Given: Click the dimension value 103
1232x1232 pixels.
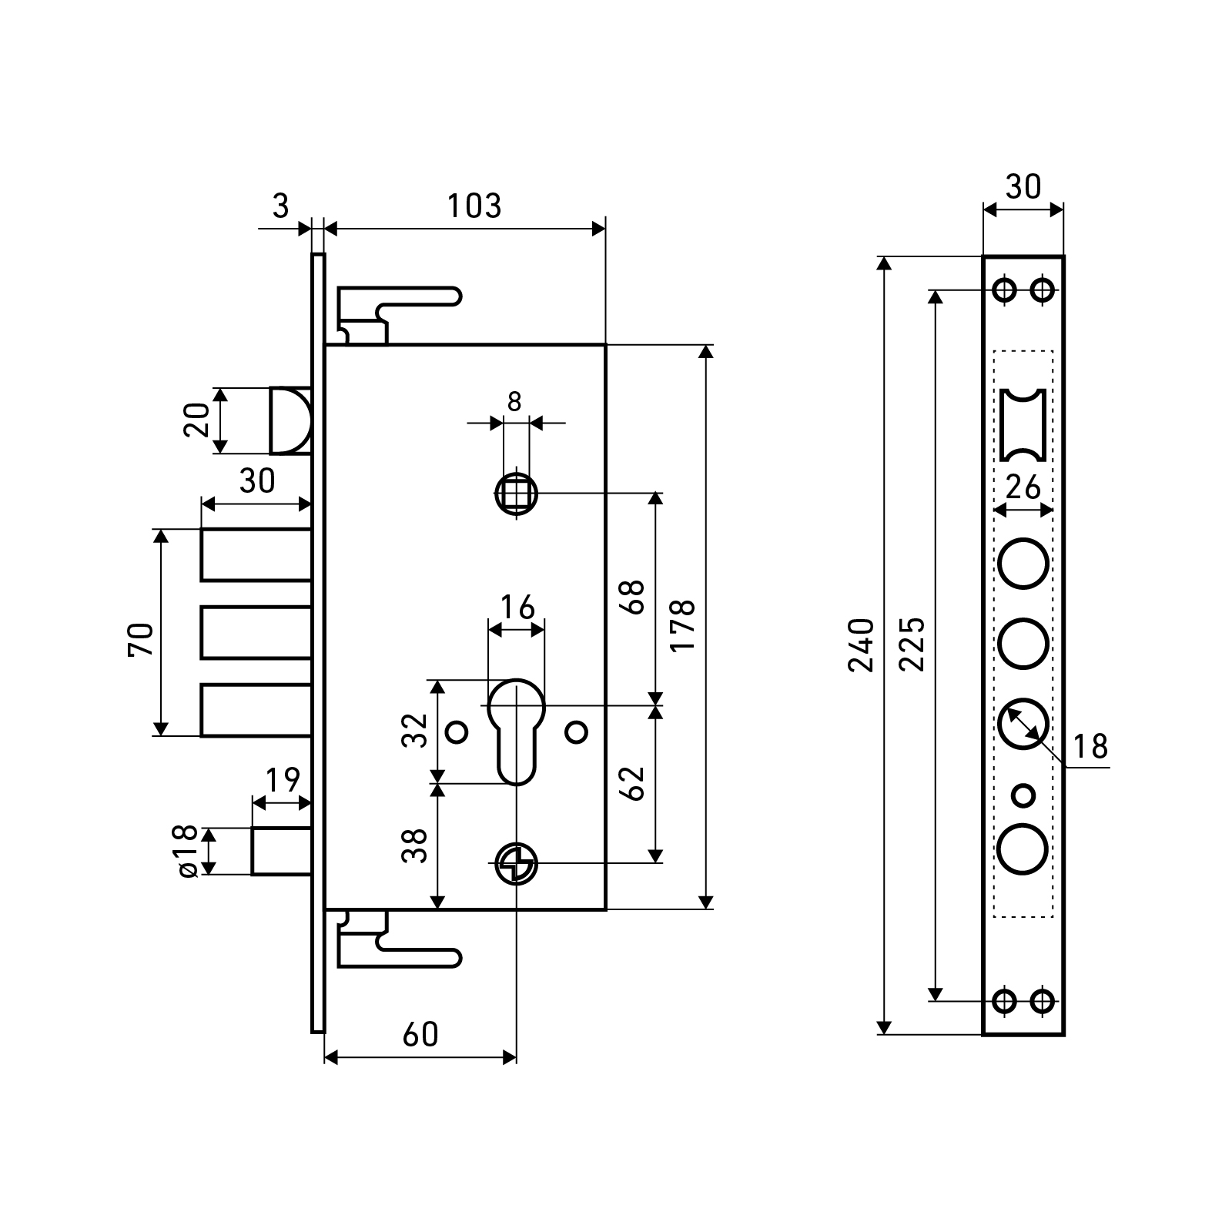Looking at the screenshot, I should (474, 206).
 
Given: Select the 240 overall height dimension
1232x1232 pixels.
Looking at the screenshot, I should (862, 644).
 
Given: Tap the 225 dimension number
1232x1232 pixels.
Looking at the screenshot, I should (912, 644).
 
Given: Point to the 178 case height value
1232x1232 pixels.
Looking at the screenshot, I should (683, 624).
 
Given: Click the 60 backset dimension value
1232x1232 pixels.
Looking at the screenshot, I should (420, 1035).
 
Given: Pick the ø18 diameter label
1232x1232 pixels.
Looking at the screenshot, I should (188, 852).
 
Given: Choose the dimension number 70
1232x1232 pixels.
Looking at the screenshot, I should (142, 639).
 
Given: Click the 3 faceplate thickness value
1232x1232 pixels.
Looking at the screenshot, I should (281, 206).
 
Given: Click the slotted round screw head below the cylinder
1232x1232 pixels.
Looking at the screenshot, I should (516, 864).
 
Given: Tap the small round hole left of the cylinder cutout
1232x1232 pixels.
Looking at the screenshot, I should (457, 731).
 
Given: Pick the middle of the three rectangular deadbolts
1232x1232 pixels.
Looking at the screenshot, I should (256, 632).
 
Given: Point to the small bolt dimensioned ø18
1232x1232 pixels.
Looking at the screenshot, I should (281, 851).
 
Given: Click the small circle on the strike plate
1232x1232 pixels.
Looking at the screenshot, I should (1023, 794).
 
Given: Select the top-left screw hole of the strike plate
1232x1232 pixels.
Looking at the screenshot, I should (1004, 290).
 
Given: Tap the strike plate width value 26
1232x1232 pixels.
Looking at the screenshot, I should (1023, 487).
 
